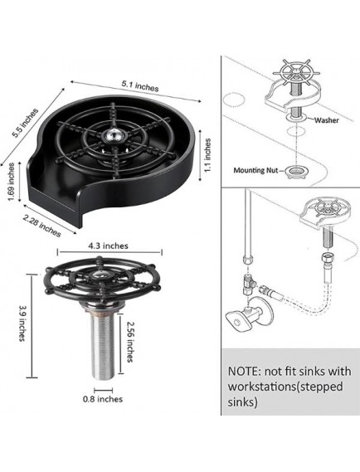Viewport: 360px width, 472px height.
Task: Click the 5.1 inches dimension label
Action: tap(140, 85)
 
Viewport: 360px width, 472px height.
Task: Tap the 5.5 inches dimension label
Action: tap(25, 123)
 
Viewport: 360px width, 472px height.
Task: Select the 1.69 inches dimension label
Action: tap(11, 182)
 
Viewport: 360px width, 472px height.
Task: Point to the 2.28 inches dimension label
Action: tap(41, 226)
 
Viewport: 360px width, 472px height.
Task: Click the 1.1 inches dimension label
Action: tap(207, 155)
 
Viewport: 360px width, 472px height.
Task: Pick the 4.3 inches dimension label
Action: tap(108, 246)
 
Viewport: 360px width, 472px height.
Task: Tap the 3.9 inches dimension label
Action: tap(22, 324)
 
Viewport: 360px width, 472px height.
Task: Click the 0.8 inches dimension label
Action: tap(103, 399)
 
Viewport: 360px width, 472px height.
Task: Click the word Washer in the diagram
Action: tap(326, 120)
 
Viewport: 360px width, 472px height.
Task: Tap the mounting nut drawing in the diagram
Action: tap(294, 172)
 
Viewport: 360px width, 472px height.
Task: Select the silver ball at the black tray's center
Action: tap(113, 134)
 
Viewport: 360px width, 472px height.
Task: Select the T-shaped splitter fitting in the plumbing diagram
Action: tap(248, 283)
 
